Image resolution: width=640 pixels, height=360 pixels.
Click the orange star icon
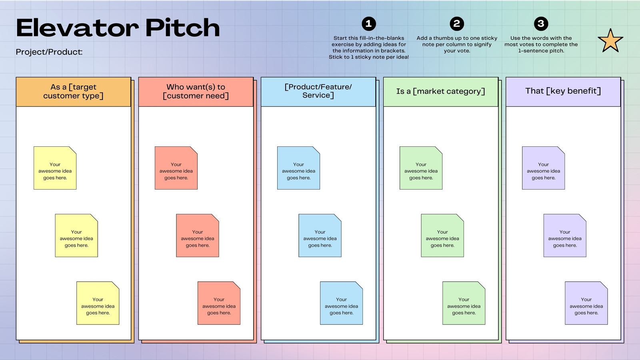(610, 41)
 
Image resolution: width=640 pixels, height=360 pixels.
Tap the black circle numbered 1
(368, 24)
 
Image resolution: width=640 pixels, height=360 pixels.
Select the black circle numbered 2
(456, 24)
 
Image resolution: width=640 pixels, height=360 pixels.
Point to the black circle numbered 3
(541, 24)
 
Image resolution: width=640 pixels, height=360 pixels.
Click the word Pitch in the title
(182, 28)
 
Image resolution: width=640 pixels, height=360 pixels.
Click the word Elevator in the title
(78, 28)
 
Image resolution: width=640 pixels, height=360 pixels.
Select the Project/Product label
(49, 52)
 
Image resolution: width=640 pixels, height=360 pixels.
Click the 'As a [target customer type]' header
(74, 92)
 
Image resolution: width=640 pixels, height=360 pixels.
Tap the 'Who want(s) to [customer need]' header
(196, 92)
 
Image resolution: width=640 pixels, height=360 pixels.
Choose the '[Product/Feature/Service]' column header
(318, 92)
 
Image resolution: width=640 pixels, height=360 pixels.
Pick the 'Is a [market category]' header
(440, 92)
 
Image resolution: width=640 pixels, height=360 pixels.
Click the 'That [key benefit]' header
(563, 92)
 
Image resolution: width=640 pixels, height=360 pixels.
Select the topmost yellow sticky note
(55, 168)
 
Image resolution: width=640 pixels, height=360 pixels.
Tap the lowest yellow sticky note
(98, 303)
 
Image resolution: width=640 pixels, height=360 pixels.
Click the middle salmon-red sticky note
(198, 236)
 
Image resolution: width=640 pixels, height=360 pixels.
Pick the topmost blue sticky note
(298, 168)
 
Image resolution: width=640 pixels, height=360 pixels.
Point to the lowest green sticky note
(464, 303)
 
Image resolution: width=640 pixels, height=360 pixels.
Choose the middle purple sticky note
(565, 236)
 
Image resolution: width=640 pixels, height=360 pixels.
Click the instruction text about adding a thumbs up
(457, 44)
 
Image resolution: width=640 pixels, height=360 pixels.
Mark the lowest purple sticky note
(586, 303)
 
